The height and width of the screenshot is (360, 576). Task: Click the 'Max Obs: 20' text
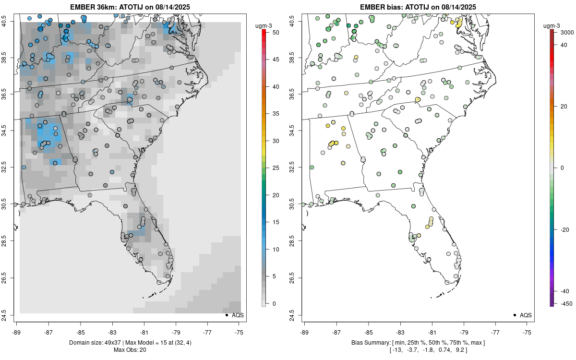pyautogui.click(x=130, y=349)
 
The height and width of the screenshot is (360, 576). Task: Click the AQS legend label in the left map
pyautogui.click(x=238, y=315)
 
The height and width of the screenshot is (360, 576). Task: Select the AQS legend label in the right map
pyautogui.click(x=526, y=315)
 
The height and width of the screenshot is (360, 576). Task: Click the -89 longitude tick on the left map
pyautogui.click(x=17, y=332)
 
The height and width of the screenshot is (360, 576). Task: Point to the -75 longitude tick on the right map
pyautogui.click(x=528, y=332)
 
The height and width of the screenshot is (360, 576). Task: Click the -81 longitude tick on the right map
pyautogui.click(x=432, y=332)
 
